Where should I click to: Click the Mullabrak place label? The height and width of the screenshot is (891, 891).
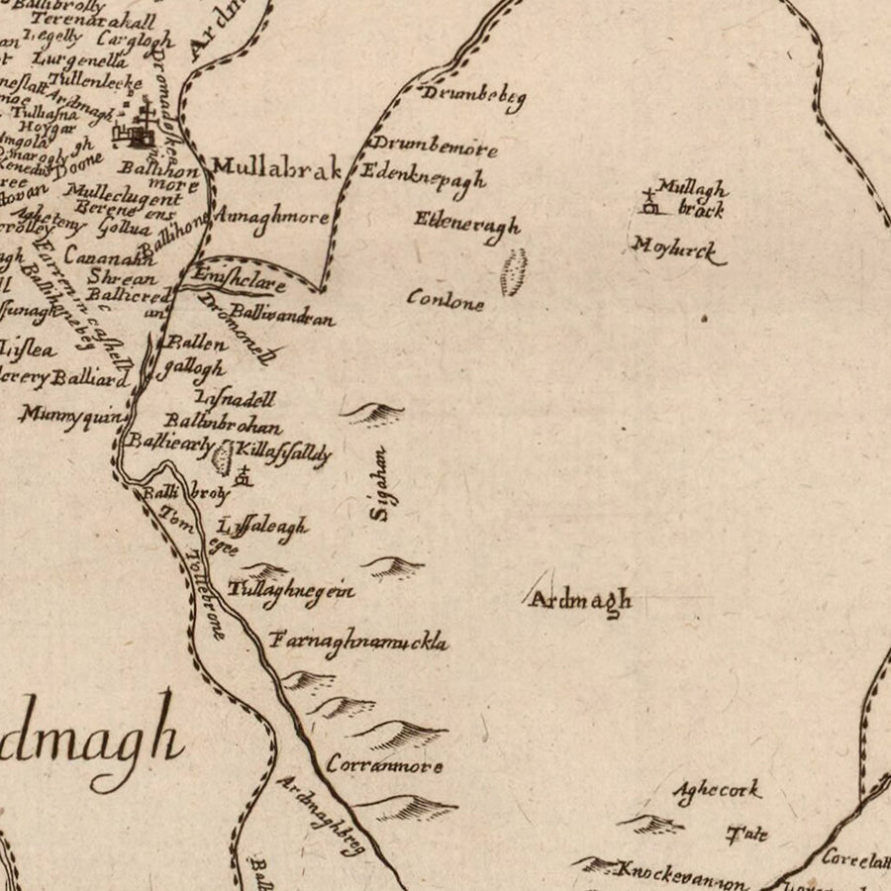pos(277,168)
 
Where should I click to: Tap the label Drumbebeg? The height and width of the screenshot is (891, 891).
pos(473,96)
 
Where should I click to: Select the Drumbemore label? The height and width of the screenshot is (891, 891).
pos(434,148)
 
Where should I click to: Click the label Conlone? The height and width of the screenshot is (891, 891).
pos(445,300)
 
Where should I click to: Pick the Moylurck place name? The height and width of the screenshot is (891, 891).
pos(678,249)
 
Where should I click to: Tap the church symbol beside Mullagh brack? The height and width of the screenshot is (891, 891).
pos(650,202)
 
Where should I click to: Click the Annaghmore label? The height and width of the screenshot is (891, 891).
pos(270,217)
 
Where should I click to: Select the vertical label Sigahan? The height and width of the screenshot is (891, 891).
pos(380,483)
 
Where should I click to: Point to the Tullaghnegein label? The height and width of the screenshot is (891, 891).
pos(291,590)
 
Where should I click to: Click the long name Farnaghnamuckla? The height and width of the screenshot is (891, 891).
pos(358,642)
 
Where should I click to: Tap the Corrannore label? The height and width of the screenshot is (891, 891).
pos(384,765)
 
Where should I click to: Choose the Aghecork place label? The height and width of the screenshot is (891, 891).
pos(717,790)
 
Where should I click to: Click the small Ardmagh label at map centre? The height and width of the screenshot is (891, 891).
pos(580,600)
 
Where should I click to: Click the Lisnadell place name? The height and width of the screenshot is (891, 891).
pos(236,399)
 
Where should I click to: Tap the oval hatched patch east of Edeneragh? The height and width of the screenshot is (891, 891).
pos(513,272)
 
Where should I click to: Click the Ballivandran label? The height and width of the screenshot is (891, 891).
pos(281,319)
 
